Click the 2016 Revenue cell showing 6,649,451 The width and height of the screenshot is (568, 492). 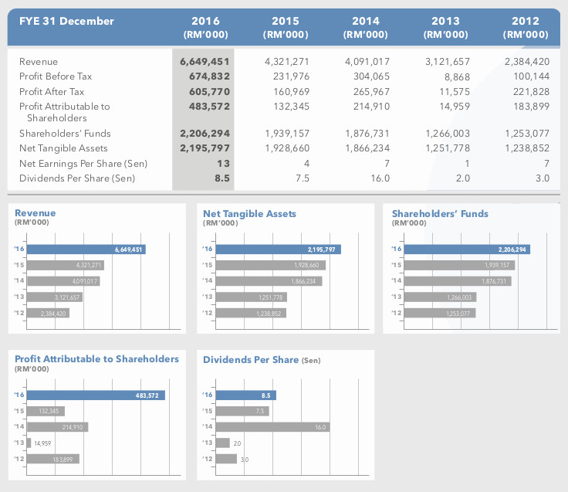pos(205,62)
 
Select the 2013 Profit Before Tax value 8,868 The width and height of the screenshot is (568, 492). pos(457,77)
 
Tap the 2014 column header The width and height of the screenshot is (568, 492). pos(366,27)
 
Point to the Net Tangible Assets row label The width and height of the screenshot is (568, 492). pos(63,148)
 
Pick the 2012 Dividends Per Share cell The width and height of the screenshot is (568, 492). pos(543,178)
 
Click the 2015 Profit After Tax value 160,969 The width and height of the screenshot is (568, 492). pos(291,92)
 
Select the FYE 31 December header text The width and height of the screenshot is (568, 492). pos(66,21)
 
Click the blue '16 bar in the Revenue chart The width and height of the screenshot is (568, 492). pos(86,249)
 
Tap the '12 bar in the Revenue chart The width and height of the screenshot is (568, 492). pos(48,314)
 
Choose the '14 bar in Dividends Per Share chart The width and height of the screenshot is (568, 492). pos(272,427)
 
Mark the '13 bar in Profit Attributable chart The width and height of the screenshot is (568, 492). pos(29,443)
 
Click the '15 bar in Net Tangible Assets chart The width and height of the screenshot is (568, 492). pos(271,266)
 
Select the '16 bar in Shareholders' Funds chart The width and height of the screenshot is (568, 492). pos(467,249)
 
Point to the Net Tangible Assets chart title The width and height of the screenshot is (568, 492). pos(249,214)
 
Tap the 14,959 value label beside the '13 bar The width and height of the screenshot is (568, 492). pos(42,443)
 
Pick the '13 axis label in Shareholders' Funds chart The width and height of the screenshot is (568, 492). pos(397,297)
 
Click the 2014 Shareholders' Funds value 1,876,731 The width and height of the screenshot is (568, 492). pos(367,134)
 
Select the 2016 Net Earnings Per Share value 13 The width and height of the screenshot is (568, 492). pos(224,164)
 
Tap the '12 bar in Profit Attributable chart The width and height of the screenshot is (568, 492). pos(53,459)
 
